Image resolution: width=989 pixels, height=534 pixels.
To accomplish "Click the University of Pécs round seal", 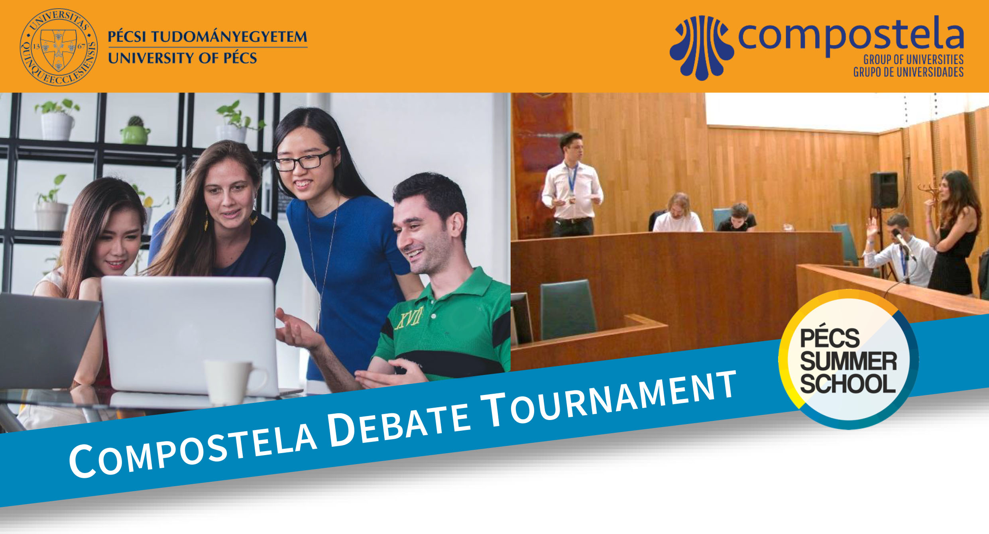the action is (x=59, y=47).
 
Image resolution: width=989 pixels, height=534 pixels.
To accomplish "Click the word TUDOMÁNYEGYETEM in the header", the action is (x=229, y=36).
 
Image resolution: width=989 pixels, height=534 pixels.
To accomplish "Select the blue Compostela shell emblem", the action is (x=702, y=47).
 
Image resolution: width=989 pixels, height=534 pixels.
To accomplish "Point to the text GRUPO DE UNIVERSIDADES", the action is (x=908, y=72).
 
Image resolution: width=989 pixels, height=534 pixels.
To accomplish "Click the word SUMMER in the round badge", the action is (x=848, y=361).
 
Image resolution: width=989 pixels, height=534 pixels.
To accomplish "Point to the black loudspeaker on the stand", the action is (x=884, y=190).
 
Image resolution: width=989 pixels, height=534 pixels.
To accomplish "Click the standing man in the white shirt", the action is (x=572, y=185).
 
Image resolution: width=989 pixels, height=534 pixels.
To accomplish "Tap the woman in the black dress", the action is (x=954, y=233).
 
